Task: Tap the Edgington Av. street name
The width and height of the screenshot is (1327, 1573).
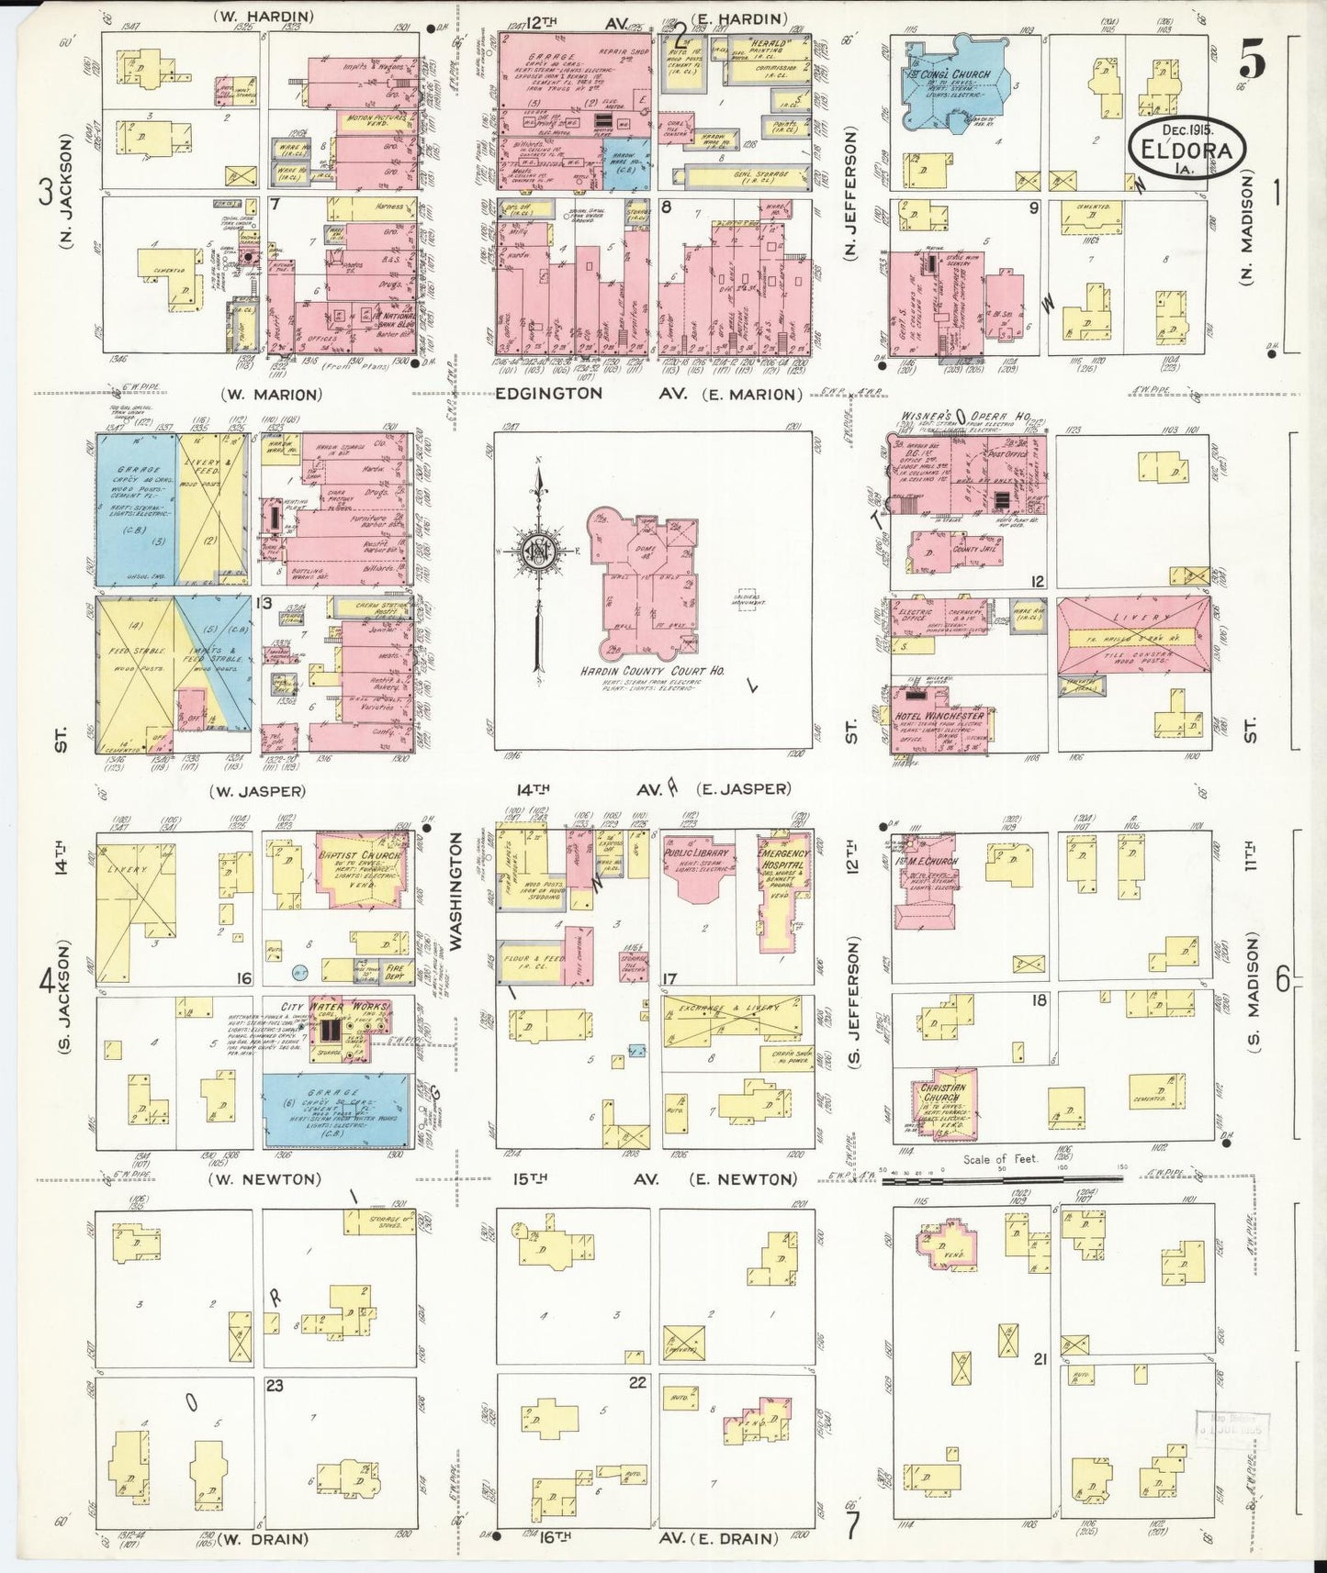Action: click(549, 394)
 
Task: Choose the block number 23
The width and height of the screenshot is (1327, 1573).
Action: click(275, 1385)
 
